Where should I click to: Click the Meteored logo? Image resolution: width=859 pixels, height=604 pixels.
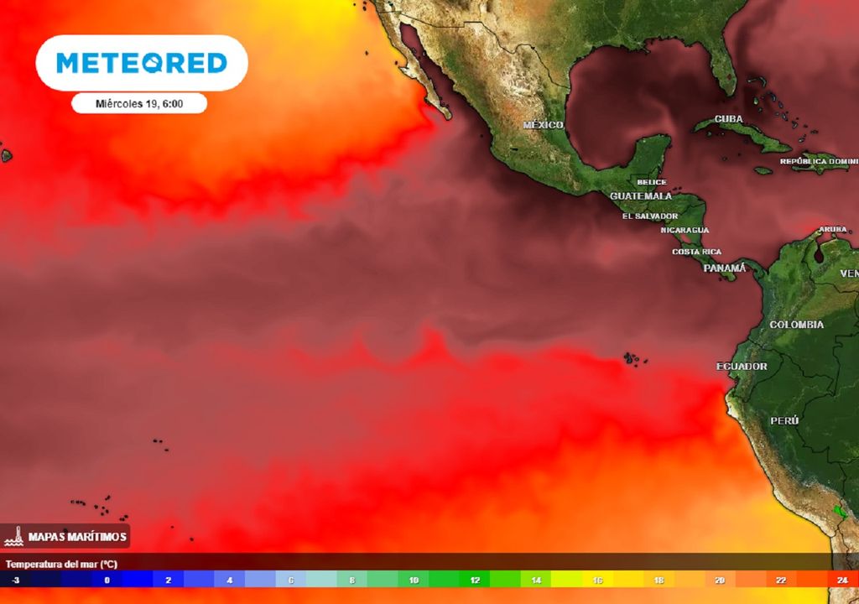point(141,63)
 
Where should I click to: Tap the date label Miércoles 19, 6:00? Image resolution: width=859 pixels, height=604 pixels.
point(139,104)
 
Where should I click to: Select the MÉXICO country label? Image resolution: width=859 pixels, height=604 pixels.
point(543,125)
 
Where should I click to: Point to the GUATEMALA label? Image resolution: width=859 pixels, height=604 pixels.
point(641,196)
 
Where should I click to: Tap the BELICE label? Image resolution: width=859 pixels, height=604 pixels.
point(652,182)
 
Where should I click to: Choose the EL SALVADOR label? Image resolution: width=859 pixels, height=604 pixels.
point(650,216)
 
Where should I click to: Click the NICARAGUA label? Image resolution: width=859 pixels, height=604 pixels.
point(685,230)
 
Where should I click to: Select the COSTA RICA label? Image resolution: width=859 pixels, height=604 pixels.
point(696,252)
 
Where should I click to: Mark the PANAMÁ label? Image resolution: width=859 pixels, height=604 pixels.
point(724,268)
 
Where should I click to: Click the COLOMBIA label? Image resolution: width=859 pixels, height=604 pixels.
point(797,325)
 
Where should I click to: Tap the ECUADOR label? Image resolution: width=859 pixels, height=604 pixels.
point(742,367)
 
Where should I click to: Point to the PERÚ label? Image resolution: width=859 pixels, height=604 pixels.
point(784,420)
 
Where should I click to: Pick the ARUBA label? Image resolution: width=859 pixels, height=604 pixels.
point(833,229)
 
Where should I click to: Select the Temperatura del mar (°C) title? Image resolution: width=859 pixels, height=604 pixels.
point(61,565)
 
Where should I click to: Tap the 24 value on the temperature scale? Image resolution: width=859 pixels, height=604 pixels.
point(842,580)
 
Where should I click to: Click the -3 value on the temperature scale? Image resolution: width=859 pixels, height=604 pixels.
point(16,580)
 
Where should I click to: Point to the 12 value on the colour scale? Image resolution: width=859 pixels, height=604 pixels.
point(475,580)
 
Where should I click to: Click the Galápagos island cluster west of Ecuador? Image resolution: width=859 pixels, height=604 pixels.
point(633,359)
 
